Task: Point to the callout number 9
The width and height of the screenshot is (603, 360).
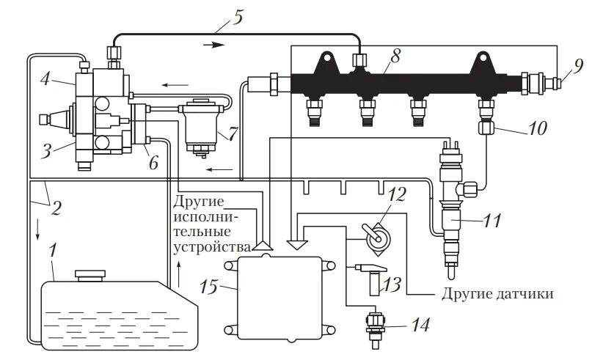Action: [x=578, y=65]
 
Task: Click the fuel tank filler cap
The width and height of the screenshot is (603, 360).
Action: [x=89, y=274]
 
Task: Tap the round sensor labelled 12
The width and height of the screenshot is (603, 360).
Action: [x=379, y=239]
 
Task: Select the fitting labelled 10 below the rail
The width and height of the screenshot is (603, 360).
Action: [x=483, y=129]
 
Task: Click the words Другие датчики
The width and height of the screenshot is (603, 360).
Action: [x=497, y=294]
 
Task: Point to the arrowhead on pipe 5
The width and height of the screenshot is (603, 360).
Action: [x=212, y=45]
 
